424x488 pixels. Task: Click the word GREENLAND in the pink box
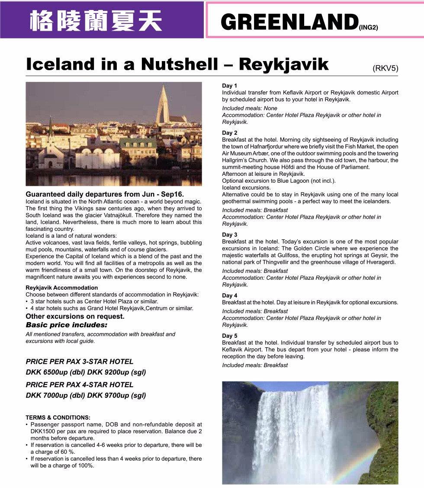[289, 22]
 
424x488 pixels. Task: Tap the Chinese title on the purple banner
[96, 21]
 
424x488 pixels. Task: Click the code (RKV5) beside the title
[385, 68]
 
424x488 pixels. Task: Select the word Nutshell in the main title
[180, 64]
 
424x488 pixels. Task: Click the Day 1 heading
[230, 86]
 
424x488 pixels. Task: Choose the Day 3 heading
[230, 235]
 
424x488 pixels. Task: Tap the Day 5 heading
[230, 336]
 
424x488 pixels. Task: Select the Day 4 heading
[230, 295]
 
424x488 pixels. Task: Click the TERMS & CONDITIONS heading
[58, 417]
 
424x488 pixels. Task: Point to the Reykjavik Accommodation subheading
[61, 288]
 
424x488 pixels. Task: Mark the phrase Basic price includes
[66, 325]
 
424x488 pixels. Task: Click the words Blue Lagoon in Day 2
[287, 181]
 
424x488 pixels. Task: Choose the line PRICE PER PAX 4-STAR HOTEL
[80, 384]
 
